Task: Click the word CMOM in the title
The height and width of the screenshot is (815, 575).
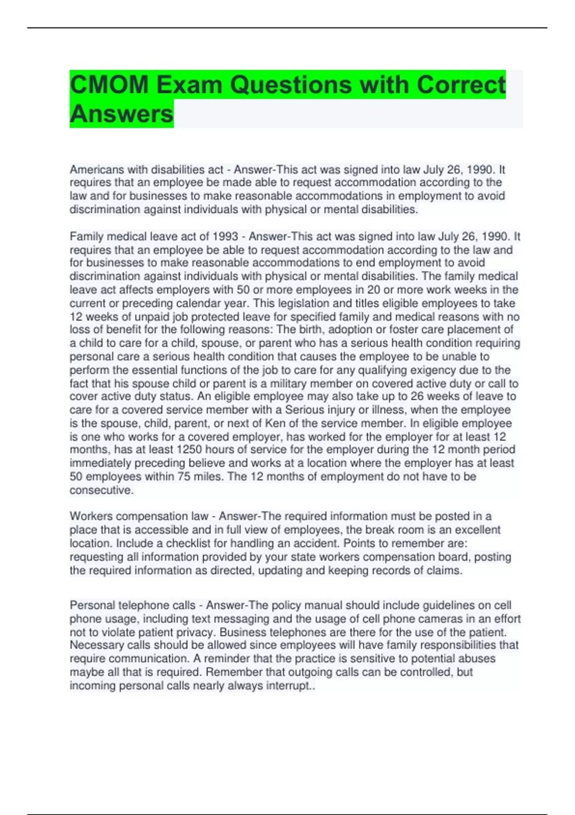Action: click(109, 85)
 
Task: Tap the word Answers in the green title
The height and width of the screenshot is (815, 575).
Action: click(121, 114)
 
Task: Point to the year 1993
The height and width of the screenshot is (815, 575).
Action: click(225, 237)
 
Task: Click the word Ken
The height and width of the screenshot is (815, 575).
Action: click(275, 423)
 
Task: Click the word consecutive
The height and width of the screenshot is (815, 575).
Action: click(101, 490)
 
